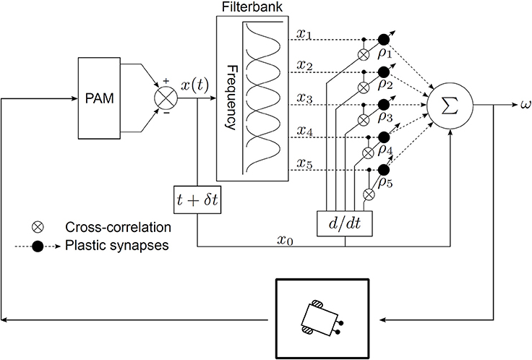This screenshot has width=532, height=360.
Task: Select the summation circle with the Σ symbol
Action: click(x=450, y=106)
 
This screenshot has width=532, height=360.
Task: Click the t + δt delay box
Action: click(x=197, y=196)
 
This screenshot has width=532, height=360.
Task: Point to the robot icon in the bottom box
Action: click(x=322, y=317)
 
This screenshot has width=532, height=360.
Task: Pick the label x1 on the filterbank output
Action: click(x=305, y=35)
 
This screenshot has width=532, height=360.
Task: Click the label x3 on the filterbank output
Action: click(x=305, y=98)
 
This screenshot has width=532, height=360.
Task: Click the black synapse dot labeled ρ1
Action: click(x=383, y=40)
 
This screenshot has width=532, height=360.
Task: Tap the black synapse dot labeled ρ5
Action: click(x=383, y=170)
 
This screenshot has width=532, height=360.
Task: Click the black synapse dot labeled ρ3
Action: click(x=383, y=105)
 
